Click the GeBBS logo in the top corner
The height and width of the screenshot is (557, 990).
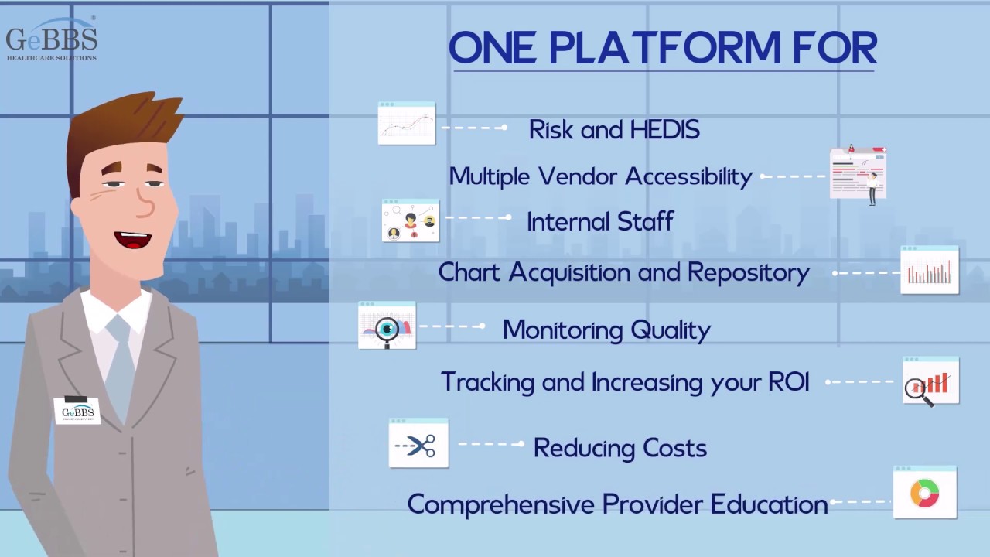pos(51,40)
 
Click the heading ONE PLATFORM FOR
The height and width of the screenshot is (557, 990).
pos(663,48)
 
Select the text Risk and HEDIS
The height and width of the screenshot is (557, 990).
pos(614,130)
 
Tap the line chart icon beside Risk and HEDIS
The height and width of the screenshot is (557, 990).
pos(407,124)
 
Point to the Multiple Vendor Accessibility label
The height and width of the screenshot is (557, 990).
pos(600,176)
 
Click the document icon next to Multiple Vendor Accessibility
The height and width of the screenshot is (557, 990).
pos(858,173)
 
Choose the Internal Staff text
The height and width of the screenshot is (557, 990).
pos(600,222)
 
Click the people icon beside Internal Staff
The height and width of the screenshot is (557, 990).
pos(411,221)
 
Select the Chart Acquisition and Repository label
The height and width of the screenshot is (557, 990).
pos(623,272)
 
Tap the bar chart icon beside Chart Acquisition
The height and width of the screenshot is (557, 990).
pos(929,272)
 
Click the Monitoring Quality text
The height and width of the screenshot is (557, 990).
pos(606,330)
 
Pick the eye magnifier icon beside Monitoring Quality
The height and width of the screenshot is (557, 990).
pos(387,326)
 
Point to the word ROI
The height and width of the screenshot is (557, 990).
pos(789,382)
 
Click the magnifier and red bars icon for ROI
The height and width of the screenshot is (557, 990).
pos(930,381)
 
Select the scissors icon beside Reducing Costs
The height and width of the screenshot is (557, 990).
pos(418,445)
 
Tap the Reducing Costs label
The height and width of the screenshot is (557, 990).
pos(620,448)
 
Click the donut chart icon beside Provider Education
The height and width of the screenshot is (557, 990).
pos(924,493)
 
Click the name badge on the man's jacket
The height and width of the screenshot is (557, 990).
pos(77,412)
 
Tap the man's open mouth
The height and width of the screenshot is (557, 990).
pos(133,239)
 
